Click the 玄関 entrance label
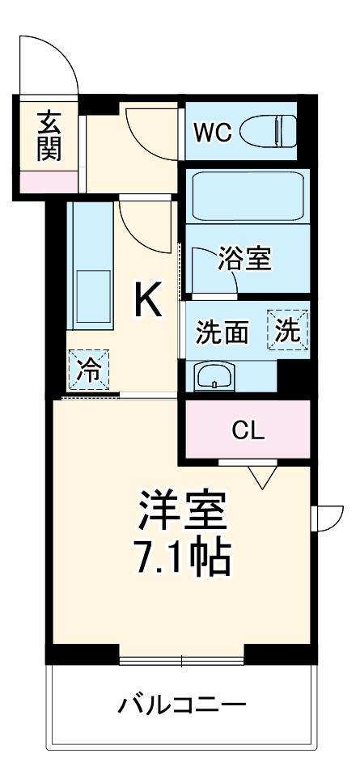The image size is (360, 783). point(49,136)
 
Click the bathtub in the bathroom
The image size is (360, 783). point(248,196)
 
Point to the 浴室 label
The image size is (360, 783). point(244,260)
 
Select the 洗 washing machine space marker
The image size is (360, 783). point(289,330)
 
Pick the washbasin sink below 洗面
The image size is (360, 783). point(214,375)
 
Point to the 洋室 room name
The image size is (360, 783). point(181,510)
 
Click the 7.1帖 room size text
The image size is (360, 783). point(181,557)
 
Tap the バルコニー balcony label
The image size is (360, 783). point(181,705)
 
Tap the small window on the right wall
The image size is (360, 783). point(328,518)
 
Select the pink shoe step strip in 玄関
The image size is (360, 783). point(49,182)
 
